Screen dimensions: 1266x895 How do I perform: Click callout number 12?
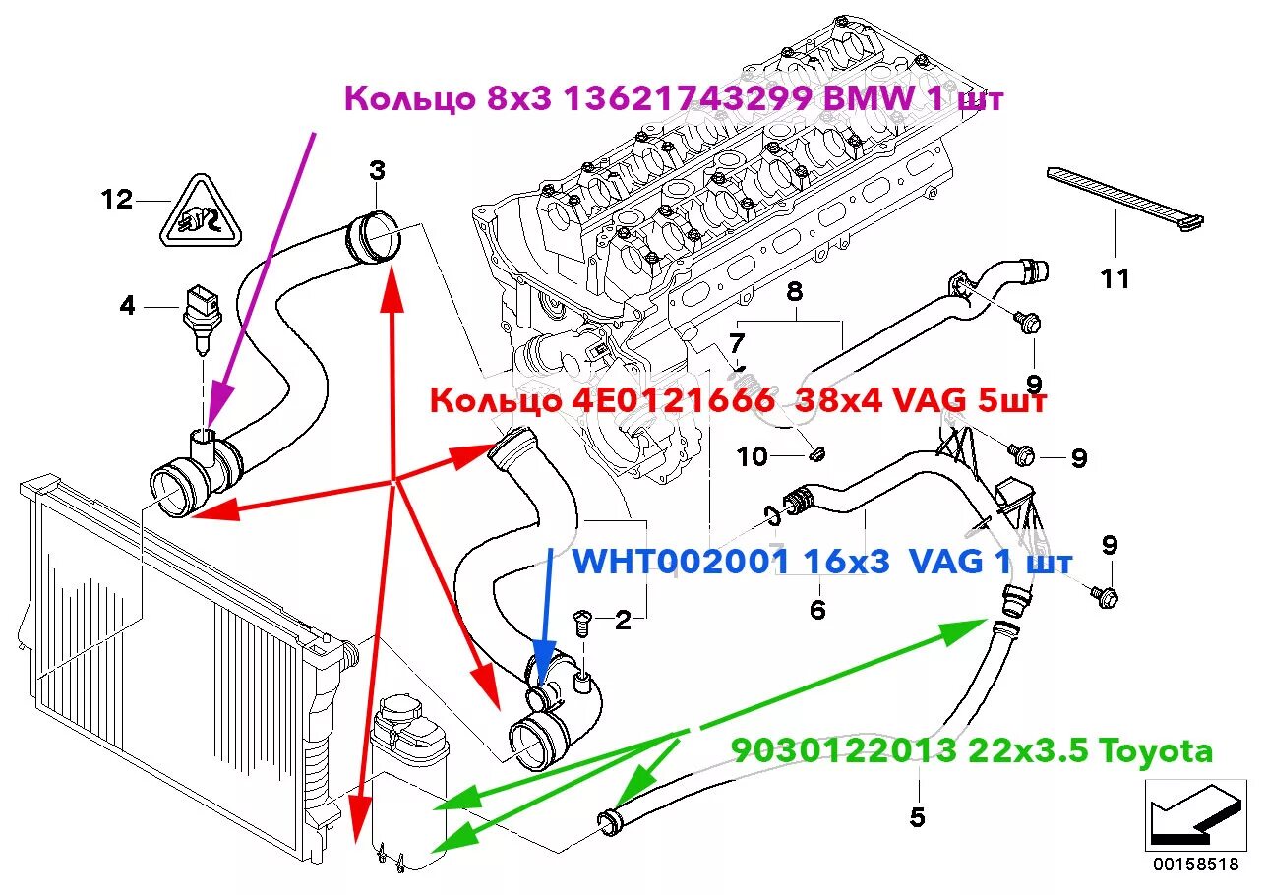coord(116,201)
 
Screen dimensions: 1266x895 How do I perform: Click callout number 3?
coord(377,171)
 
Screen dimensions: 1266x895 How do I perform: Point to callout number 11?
coord(1115,279)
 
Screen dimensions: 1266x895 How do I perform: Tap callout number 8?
coord(795,291)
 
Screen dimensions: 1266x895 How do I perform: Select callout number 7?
coord(737,344)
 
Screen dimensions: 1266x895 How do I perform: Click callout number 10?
coord(753,456)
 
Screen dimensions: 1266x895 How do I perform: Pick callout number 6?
coord(817,610)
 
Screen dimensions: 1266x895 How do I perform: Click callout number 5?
coord(917,816)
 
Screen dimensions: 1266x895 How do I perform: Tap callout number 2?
coord(623,620)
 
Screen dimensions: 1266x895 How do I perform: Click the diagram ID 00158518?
coord(1195,864)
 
